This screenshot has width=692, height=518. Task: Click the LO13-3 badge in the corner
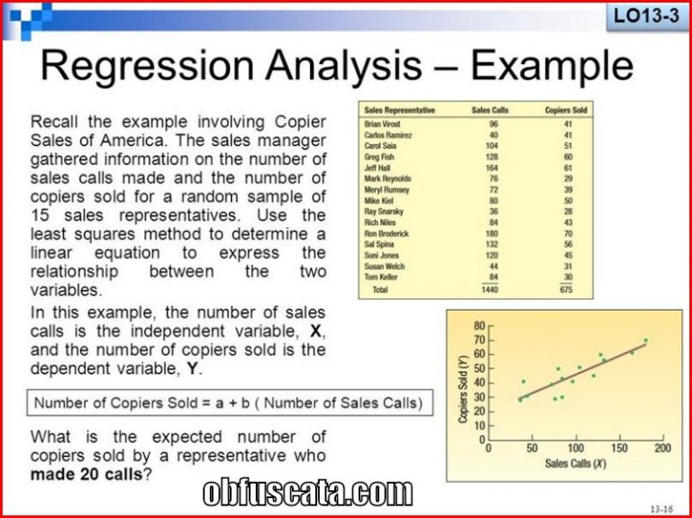click(x=647, y=17)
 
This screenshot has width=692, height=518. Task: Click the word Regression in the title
click(x=148, y=65)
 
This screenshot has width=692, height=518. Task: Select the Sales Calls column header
click(x=490, y=110)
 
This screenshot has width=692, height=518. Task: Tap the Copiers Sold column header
click(x=566, y=110)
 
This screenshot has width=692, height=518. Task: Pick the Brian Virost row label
click(x=382, y=124)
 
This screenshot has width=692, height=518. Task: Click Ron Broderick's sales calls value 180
click(x=492, y=233)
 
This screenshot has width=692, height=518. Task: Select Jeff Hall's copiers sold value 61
click(x=568, y=168)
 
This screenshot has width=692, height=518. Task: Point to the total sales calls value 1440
click(x=490, y=289)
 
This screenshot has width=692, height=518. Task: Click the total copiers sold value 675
click(x=566, y=289)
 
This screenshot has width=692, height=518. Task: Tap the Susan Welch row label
click(x=385, y=266)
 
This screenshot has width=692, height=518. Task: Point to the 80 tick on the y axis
click(x=479, y=326)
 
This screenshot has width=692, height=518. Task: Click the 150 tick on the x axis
click(x=619, y=449)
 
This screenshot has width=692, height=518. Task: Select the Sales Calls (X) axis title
click(x=576, y=463)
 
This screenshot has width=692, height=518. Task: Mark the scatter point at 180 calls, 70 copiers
click(x=646, y=341)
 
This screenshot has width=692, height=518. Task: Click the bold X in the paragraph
click(x=315, y=331)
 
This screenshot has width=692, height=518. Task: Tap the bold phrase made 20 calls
click(x=86, y=475)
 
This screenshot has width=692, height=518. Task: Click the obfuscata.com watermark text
click(x=307, y=493)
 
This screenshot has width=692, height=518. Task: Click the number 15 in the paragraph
click(x=40, y=216)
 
